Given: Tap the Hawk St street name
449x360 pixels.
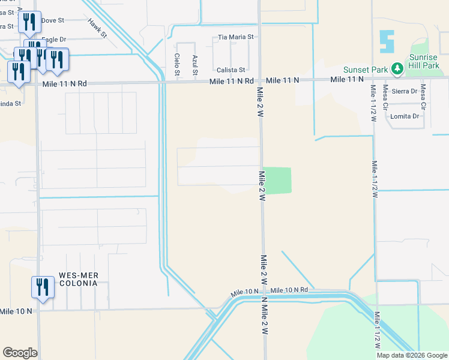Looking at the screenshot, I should pyautogui.click(x=97, y=28).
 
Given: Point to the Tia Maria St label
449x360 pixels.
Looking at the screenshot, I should pyautogui.click(x=236, y=37).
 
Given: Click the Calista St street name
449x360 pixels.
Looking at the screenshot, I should pyautogui.click(x=231, y=70).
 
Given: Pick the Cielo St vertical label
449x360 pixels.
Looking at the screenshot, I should pyautogui.click(x=177, y=64).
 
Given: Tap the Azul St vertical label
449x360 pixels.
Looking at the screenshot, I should pyautogui.click(x=195, y=64).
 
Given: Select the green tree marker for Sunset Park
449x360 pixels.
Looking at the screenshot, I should pyautogui.click(x=397, y=70).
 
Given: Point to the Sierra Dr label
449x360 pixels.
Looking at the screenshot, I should pyautogui.click(x=403, y=91).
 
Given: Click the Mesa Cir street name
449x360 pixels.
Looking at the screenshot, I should pyautogui.click(x=423, y=97).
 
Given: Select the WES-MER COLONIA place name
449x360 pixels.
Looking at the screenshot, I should pyautogui.click(x=78, y=280).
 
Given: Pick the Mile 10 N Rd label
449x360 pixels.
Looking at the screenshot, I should pyautogui.click(x=289, y=290).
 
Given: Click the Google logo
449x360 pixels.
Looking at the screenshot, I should pyautogui.click(x=20, y=352).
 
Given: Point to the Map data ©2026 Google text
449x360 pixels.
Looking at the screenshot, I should pyautogui.click(x=411, y=355).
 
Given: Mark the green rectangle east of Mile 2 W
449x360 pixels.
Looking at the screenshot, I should pyautogui.click(x=277, y=181).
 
